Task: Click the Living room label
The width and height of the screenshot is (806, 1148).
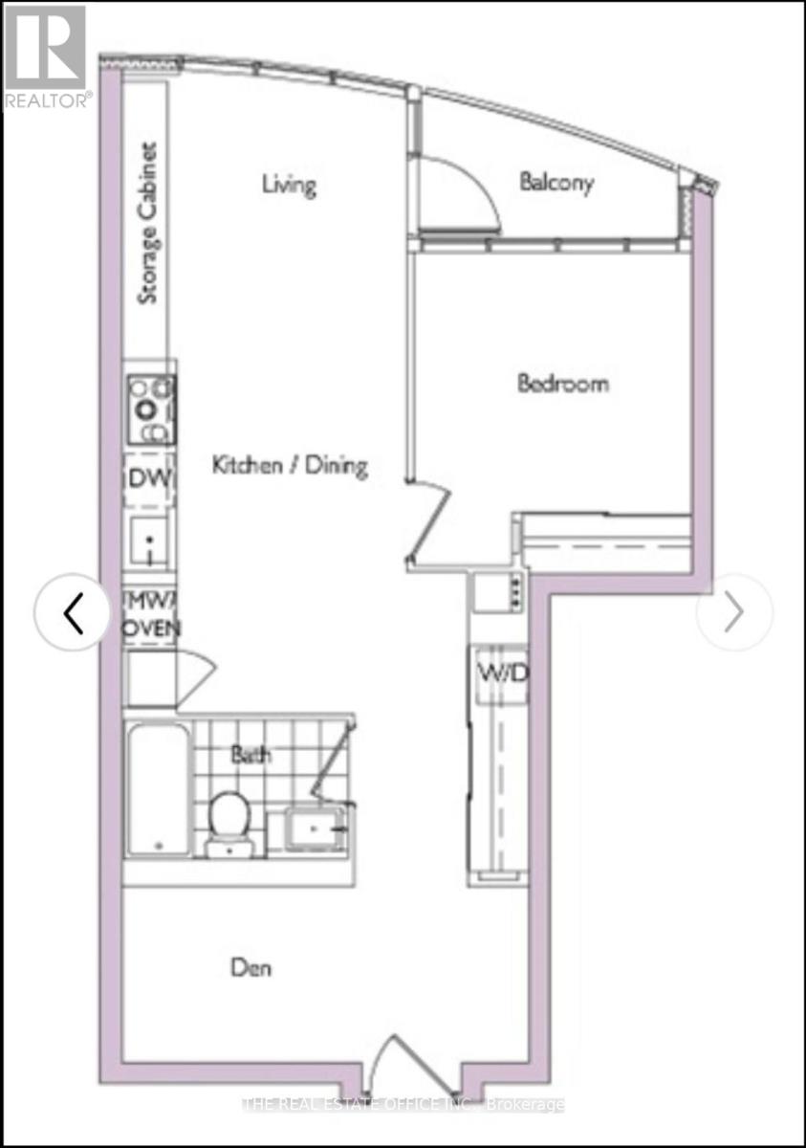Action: click(289, 184)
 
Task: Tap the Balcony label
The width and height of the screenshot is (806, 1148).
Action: click(556, 182)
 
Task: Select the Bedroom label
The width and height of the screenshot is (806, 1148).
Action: click(563, 384)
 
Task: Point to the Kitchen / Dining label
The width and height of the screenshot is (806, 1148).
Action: click(289, 466)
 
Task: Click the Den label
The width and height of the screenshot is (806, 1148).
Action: click(251, 967)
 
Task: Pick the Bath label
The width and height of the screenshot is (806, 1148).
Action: click(251, 754)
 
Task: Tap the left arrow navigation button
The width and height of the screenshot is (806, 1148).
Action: click(73, 613)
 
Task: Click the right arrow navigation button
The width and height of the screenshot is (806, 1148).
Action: click(734, 613)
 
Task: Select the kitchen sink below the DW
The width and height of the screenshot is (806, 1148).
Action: click(148, 542)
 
